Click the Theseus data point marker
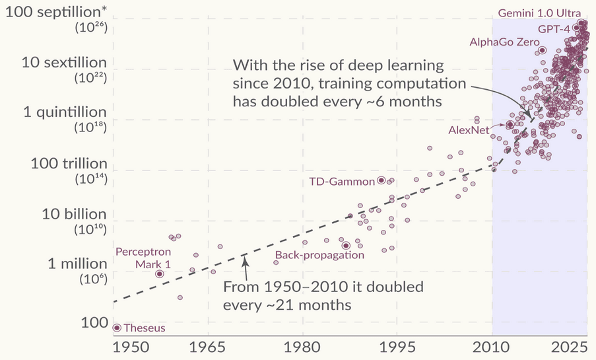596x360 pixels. point(117,328)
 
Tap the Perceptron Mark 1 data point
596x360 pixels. point(159,273)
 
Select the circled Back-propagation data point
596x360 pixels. point(345,245)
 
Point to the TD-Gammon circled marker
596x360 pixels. point(381,180)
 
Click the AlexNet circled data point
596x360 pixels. point(509,125)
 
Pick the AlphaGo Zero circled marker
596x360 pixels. point(542,50)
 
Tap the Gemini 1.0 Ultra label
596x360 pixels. point(539,13)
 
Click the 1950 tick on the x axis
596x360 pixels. point(114,347)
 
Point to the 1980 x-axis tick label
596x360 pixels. point(303,347)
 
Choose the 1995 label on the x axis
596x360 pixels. point(397,347)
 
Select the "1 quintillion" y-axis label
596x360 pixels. point(65,112)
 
